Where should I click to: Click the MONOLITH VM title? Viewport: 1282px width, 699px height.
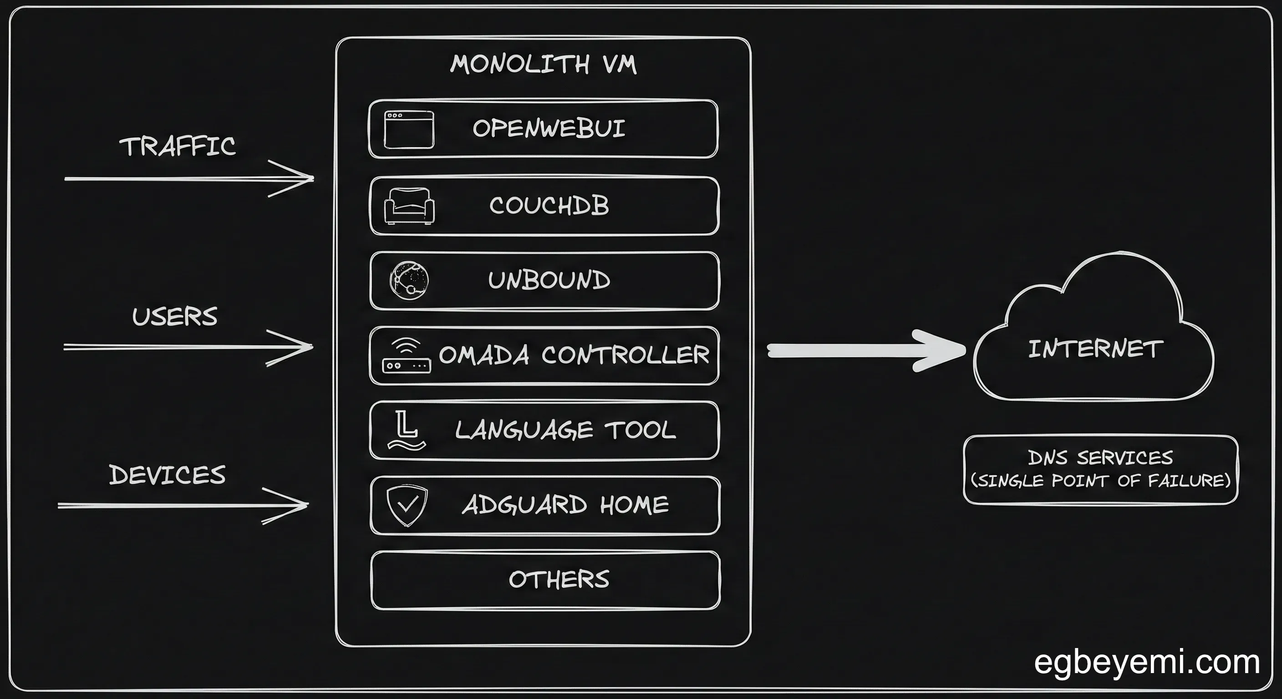tap(543, 65)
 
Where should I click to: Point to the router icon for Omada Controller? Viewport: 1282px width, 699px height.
tap(406, 356)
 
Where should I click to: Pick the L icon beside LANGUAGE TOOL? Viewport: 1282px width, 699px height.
tap(406, 430)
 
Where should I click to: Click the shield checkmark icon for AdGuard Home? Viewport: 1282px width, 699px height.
tap(407, 505)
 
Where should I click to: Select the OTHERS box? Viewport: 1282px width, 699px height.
tap(545, 580)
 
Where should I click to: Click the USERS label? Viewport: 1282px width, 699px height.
tap(175, 317)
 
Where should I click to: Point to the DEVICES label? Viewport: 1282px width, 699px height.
tap(167, 475)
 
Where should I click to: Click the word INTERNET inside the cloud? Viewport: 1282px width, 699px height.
tap(1095, 349)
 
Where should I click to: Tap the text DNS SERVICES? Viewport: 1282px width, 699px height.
tap(1100, 457)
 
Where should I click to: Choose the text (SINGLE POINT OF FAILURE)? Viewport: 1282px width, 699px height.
tap(1100, 481)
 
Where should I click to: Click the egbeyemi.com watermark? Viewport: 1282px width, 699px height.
tap(1147, 663)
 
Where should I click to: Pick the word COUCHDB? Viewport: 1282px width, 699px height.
tap(549, 206)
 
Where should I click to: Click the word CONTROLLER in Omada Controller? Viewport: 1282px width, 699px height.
tap(625, 355)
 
